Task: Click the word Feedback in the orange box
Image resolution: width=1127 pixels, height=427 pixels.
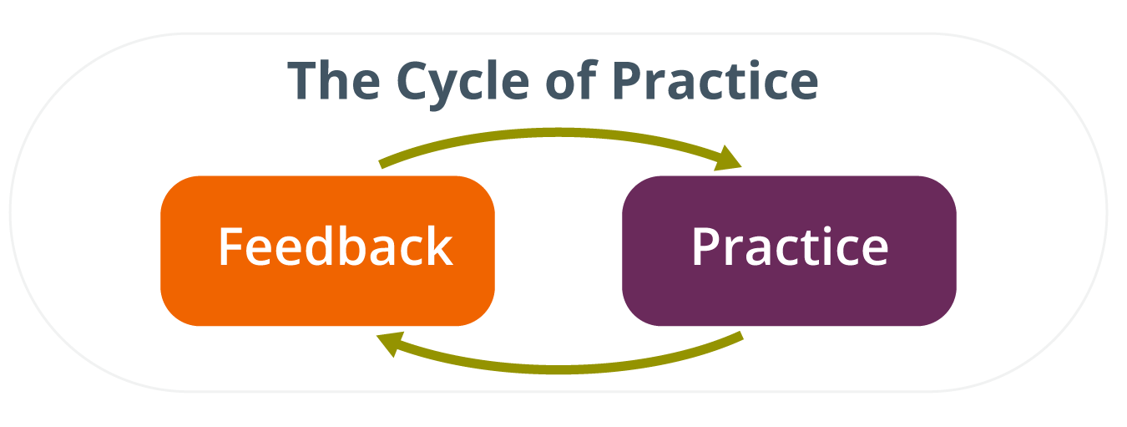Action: pyautogui.click(x=336, y=246)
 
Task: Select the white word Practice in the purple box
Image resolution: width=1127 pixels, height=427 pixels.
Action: pyautogui.click(x=790, y=246)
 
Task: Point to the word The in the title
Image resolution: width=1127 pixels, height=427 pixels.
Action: pyautogui.click(x=334, y=80)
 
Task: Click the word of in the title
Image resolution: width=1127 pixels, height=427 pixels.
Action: pyautogui.click(x=571, y=80)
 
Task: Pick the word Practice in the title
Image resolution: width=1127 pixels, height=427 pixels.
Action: pyautogui.click(x=715, y=80)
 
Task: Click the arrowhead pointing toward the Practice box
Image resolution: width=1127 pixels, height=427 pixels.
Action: pyautogui.click(x=728, y=158)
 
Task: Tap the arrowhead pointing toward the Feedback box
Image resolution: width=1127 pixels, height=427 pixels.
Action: pyautogui.click(x=391, y=344)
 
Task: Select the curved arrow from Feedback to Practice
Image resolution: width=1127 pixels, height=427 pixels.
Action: pyautogui.click(x=558, y=132)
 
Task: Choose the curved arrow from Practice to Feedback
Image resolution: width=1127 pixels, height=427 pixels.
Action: pyautogui.click(x=558, y=369)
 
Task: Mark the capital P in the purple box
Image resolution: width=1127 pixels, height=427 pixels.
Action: pyautogui.click(x=706, y=246)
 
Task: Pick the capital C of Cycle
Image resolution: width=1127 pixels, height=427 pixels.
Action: pyautogui.click(x=414, y=80)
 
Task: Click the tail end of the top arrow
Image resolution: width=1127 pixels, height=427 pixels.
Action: pyautogui.click(x=381, y=165)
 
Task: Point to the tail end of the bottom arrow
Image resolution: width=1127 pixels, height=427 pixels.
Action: pyautogui.click(x=741, y=336)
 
